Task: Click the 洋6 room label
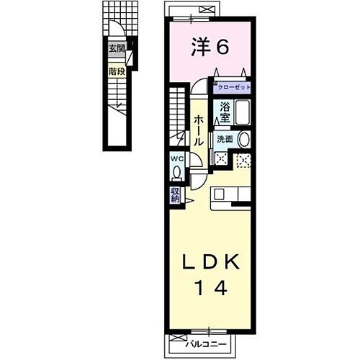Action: (210, 48)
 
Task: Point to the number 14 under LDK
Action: (210, 289)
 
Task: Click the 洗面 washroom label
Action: (223, 139)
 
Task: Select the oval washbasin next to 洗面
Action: (244, 140)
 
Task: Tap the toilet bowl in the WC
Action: (176, 173)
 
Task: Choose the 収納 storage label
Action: (176, 194)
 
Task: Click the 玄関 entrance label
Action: (116, 49)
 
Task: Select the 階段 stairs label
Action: (116, 71)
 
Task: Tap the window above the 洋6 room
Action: (209, 9)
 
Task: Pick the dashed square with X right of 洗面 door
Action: (243, 161)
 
